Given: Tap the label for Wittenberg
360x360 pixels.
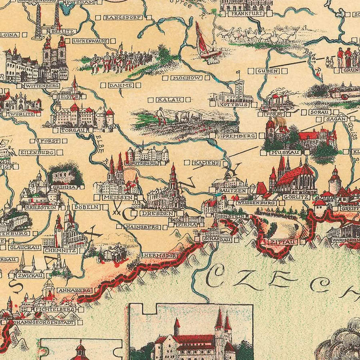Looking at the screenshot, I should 41,86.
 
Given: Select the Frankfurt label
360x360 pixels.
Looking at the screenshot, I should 245,13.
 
